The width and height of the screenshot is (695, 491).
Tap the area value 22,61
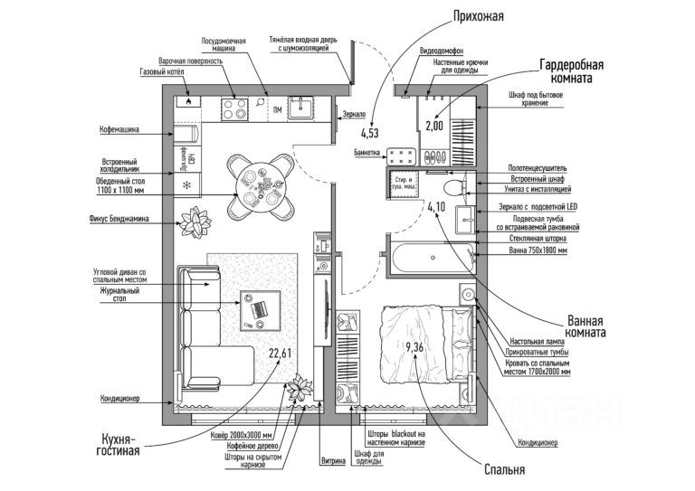(x=279, y=353)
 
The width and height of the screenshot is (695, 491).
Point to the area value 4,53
(x=371, y=135)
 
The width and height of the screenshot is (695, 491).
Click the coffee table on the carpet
(x=257, y=306)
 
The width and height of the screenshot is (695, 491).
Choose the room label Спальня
(x=504, y=469)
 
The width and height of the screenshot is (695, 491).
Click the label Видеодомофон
(x=443, y=51)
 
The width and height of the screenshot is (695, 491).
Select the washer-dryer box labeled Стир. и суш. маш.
(x=403, y=184)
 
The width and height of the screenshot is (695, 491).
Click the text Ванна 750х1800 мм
(x=538, y=250)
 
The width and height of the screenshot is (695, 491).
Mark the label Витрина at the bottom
(x=333, y=463)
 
